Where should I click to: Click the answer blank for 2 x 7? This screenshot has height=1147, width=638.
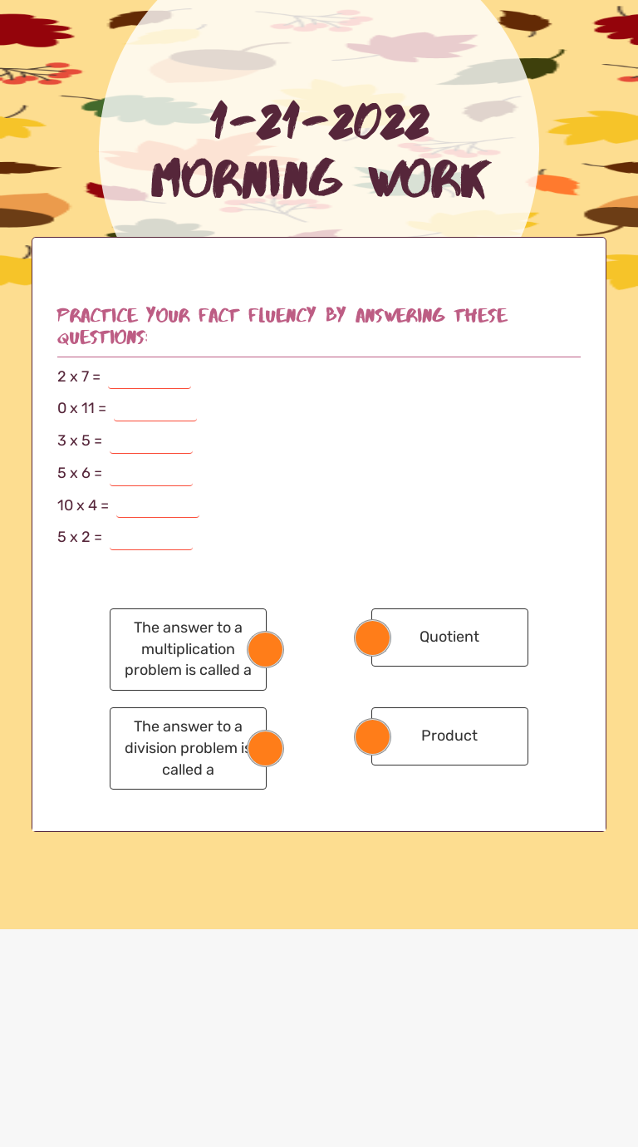point(150,377)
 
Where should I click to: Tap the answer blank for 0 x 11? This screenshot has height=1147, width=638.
point(155,410)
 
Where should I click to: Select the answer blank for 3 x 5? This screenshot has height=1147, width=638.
point(151,442)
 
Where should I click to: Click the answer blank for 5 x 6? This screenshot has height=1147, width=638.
point(151,475)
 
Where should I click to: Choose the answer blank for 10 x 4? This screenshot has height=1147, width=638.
point(158,506)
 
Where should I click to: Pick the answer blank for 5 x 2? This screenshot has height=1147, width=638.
point(151,539)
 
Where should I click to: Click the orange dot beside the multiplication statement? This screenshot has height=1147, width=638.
point(266,649)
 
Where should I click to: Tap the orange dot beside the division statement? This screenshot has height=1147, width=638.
point(266,748)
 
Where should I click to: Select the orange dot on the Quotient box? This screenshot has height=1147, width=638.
point(372,637)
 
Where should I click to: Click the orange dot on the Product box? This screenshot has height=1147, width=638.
point(372,736)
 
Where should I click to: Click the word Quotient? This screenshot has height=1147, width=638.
point(449,637)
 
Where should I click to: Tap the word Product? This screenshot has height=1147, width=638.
point(449,736)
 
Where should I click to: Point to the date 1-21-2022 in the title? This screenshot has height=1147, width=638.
point(320,122)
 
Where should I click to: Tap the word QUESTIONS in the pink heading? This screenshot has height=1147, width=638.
point(101,337)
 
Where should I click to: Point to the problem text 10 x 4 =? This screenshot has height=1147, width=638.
point(82,505)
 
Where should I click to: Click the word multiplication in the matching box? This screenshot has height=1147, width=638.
point(188,649)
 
